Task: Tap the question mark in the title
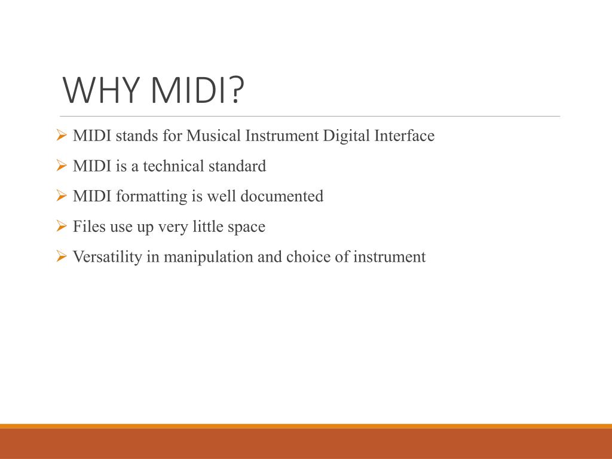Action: tap(237, 90)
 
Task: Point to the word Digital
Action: tap(347, 136)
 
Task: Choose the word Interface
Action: tap(405, 136)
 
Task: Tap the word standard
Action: tap(237, 166)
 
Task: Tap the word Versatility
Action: tap(108, 258)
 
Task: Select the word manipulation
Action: tap(209, 258)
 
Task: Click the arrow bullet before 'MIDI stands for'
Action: tap(61, 136)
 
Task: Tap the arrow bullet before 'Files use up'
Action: tap(61, 227)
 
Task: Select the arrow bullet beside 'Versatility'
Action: tap(61, 257)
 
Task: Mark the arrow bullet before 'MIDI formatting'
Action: tap(61, 196)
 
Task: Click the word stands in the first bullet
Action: tap(136, 136)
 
